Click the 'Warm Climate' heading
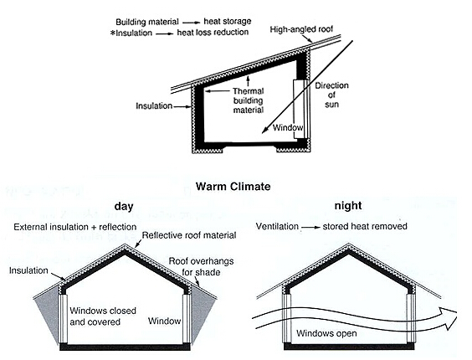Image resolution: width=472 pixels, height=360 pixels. tap(233, 187)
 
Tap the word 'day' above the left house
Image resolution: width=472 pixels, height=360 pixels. tap(123, 207)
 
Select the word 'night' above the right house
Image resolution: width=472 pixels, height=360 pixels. tap(348, 206)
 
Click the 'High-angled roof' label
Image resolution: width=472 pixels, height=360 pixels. tap(301, 29)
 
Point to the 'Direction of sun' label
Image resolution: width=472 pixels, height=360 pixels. tap(331, 95)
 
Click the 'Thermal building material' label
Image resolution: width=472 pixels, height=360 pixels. tap(249, 100)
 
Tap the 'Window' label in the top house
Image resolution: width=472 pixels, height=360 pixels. tap(288, 127)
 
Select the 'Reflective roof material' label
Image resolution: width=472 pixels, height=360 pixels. tap(189, 235)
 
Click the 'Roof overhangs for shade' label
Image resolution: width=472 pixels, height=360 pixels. tap(201, 266)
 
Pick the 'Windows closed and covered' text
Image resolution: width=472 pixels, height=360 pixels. tap(103, 316)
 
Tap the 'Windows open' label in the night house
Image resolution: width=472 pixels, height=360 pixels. tap(326, 333)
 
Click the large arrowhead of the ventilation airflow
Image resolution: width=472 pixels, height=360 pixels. tap(448, 318)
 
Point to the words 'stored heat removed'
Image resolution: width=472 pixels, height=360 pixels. tap(365, 226)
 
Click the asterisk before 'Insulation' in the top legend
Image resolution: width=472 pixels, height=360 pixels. tap(113, 33)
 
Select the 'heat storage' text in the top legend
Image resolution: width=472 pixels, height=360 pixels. tap(228, 22)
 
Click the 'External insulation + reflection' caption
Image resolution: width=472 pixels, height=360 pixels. tap(75, 227)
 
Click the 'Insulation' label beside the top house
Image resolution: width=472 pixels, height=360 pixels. tap(154, 106)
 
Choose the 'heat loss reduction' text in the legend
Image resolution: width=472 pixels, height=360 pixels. tap(213, 33)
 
